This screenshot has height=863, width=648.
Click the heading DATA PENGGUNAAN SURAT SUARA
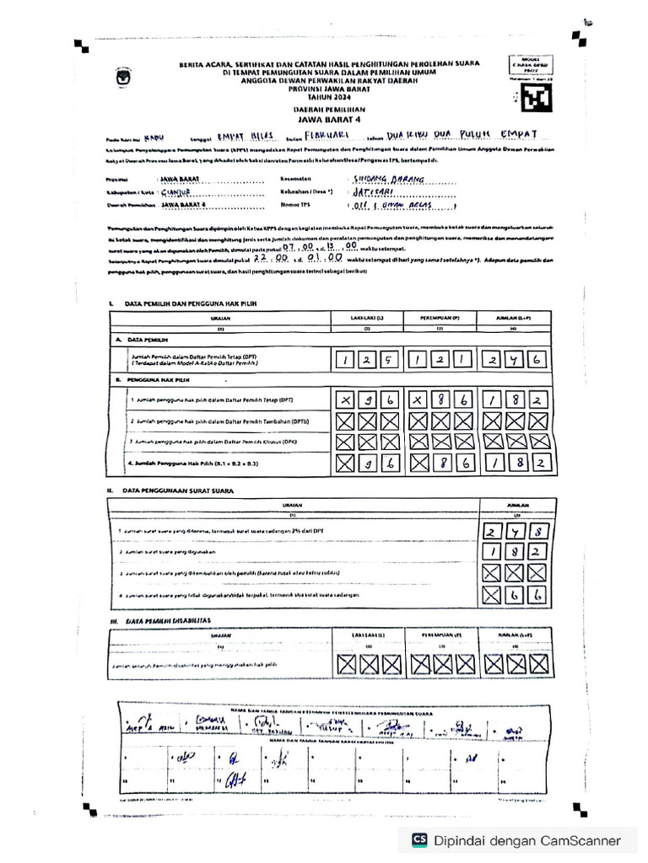tap(178, 490)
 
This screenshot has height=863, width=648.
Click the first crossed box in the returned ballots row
tap(493, 574)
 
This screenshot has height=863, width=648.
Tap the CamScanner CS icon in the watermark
tap(419, 839)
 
